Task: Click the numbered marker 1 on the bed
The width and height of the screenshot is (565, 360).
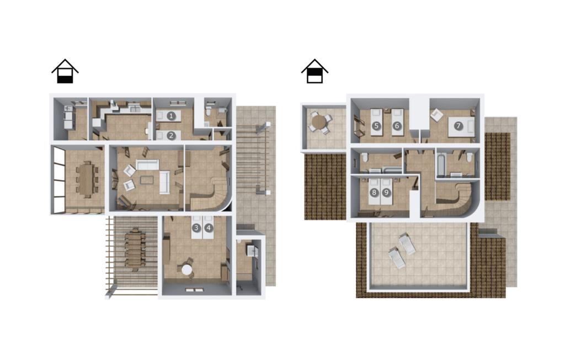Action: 171,116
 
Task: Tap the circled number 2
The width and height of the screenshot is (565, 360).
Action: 171,136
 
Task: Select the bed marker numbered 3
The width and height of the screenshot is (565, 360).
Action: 196,228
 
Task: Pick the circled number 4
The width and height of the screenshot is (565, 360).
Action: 208,228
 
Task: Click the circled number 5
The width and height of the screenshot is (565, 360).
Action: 376,126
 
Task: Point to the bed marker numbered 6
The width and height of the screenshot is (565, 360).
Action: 397,126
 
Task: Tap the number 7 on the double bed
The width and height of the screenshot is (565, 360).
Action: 458,126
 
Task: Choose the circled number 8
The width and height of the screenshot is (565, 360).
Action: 374,192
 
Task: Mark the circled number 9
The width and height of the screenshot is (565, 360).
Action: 386,192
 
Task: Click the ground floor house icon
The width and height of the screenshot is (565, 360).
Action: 65,71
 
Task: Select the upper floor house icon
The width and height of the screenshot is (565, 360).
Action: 315,71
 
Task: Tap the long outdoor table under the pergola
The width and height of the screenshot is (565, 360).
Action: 135,249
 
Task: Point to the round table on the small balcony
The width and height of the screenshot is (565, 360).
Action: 318,122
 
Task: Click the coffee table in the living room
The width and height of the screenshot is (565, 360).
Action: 147,180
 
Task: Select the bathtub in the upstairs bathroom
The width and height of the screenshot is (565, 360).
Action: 441,165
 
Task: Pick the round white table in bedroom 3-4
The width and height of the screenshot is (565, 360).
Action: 187,269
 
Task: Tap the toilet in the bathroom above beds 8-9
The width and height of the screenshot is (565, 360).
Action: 365,157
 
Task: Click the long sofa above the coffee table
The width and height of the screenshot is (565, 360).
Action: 147,165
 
